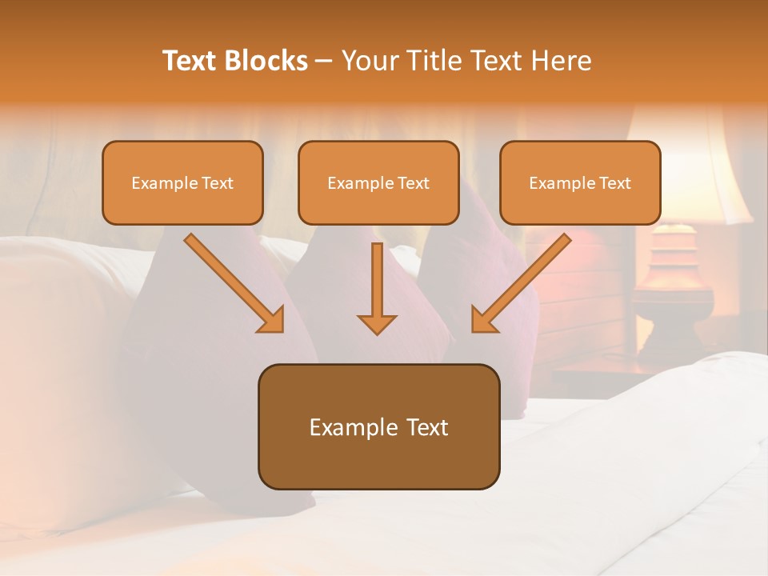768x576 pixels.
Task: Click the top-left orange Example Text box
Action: [x=182, y=183]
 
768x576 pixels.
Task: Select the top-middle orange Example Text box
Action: [x=378, y=183]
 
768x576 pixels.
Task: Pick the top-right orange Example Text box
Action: [x=580, y=183]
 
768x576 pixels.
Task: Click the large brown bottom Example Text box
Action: [x=378, y=427]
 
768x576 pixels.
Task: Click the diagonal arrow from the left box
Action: [x=232, y=282]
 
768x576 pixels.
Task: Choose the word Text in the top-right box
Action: [x=615, y=183]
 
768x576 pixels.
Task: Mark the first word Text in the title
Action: [x=190, y=61]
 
